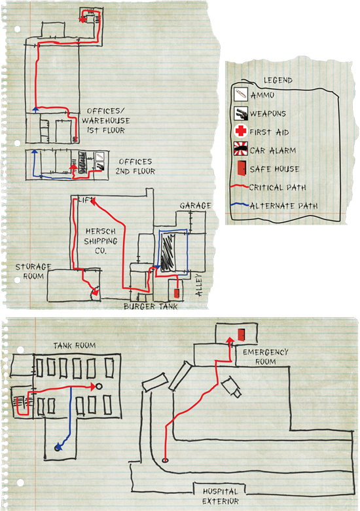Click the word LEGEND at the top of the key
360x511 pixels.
(278, 80)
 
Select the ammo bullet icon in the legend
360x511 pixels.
(240, 95)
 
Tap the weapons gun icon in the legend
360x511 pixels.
(240, 113)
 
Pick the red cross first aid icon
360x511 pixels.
(241, 131)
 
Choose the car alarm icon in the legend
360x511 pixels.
(240, 149)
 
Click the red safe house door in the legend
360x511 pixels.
(241, 168)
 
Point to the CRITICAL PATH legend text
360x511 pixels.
(278, 187)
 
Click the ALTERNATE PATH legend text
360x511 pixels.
(283, 206)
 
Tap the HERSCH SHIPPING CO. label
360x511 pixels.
(101, 241)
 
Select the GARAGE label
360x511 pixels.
(196, 205)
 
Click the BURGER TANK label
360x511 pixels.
(151, 307)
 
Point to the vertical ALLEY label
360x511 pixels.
(198, 285)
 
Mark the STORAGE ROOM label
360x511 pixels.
(33, 271)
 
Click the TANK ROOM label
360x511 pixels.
(75, 345)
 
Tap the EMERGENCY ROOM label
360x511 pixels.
(266, 357)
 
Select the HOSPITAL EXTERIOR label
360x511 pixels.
(221, 496)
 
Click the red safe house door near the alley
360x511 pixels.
(177, 293)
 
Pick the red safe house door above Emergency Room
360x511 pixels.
(241, 335)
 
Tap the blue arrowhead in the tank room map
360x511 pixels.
(58, 447)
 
